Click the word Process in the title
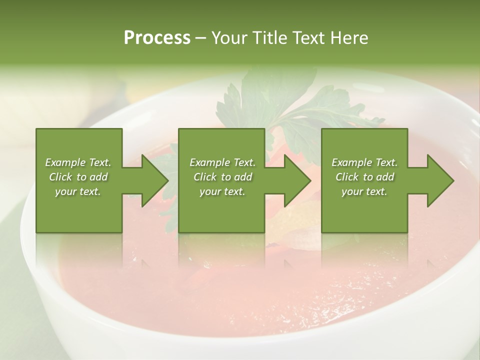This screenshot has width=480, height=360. pyautogui.click(x=157, y=38)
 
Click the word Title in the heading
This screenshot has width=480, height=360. pyautogui.click(x=270, y=38)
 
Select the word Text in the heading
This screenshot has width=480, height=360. pyautogui.click(x=308, y=38)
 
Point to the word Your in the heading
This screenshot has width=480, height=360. pyautogui.click(x=229, y=38)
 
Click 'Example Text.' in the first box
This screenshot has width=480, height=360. pyautogui.click(x=78, y=162)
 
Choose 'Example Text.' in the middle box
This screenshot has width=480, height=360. pyautogui.click(x=222, y=162)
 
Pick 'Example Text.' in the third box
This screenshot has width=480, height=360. pyautogui.click(x=364, y=162)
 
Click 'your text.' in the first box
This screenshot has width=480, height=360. pyautogui.click(x=78, y=191)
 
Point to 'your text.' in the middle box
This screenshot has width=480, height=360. pyautogui.click(x=222, y=191)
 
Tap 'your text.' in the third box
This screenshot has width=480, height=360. pyautogui.click(x=364, y=191)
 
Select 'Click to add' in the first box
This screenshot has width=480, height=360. pyautogui.click(x=78, y=177)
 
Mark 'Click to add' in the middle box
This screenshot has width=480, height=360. pyautogui.click(x=222, y=177)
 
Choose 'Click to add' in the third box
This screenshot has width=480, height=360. pyautogui.click(x=364, y=177)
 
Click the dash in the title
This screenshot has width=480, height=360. pyautogui.click(x=201, y=38)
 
